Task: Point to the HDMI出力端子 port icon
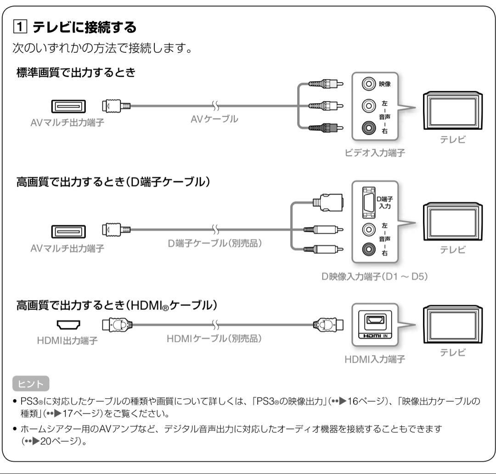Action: (67, 326)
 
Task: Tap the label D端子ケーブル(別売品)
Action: (215, 242)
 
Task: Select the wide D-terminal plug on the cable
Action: (328, 202)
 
